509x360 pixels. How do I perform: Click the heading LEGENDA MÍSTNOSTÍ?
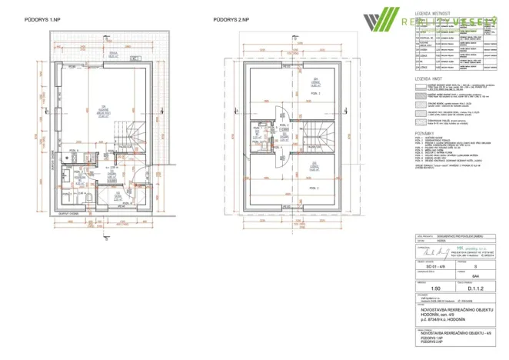pos(433,14)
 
